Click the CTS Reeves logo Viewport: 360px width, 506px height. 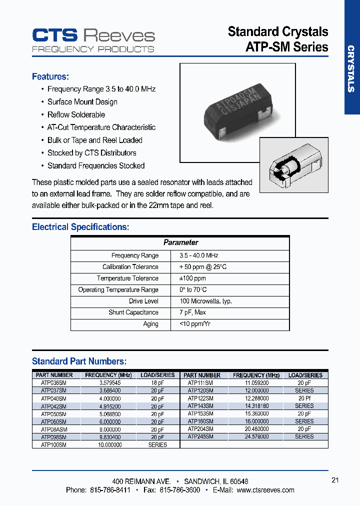93,39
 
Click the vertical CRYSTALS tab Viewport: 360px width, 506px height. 351,69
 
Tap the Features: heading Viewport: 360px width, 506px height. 50,76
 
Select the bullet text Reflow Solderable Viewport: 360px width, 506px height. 76,114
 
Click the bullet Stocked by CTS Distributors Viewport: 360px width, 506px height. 91,153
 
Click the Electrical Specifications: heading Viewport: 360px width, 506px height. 80,227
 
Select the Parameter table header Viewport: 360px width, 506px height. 180,242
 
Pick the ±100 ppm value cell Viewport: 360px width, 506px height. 193,278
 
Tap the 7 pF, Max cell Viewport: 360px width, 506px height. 192,312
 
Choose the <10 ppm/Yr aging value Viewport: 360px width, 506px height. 195,324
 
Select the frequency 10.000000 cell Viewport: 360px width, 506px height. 109,444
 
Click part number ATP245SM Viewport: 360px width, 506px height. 200,436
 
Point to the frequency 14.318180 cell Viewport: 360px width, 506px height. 256,406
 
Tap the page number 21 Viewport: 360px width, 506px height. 335,480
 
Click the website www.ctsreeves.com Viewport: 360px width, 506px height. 265,490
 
